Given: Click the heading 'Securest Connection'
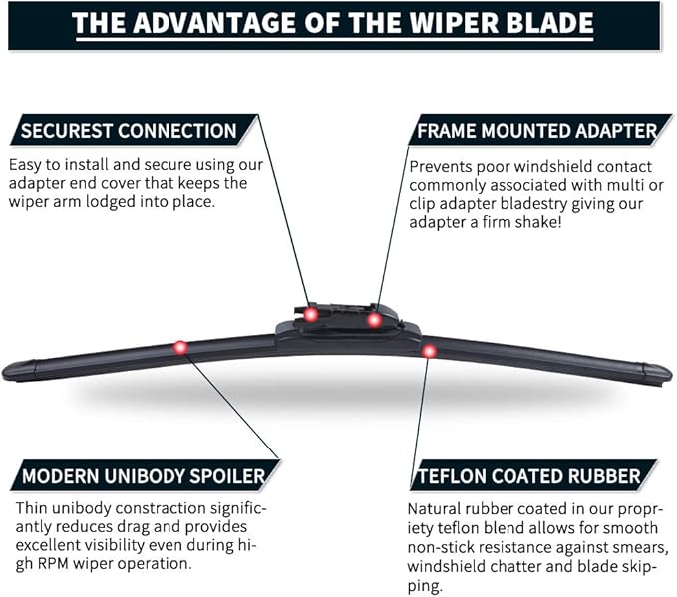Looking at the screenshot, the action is click(x=129, y=131).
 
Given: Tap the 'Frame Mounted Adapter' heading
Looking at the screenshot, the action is click(x=536, y=131).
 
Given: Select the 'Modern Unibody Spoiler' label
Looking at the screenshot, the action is click(x=143, y=476).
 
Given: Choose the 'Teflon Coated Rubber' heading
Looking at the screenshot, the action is click(x=527, y=476).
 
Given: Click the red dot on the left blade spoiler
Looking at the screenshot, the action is click(x=180, y=347).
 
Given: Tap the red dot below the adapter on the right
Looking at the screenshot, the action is click(x=429, y=350).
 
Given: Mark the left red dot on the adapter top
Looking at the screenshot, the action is click(x=311, y=314).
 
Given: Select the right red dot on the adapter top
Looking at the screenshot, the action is click(x=374, y=320).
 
